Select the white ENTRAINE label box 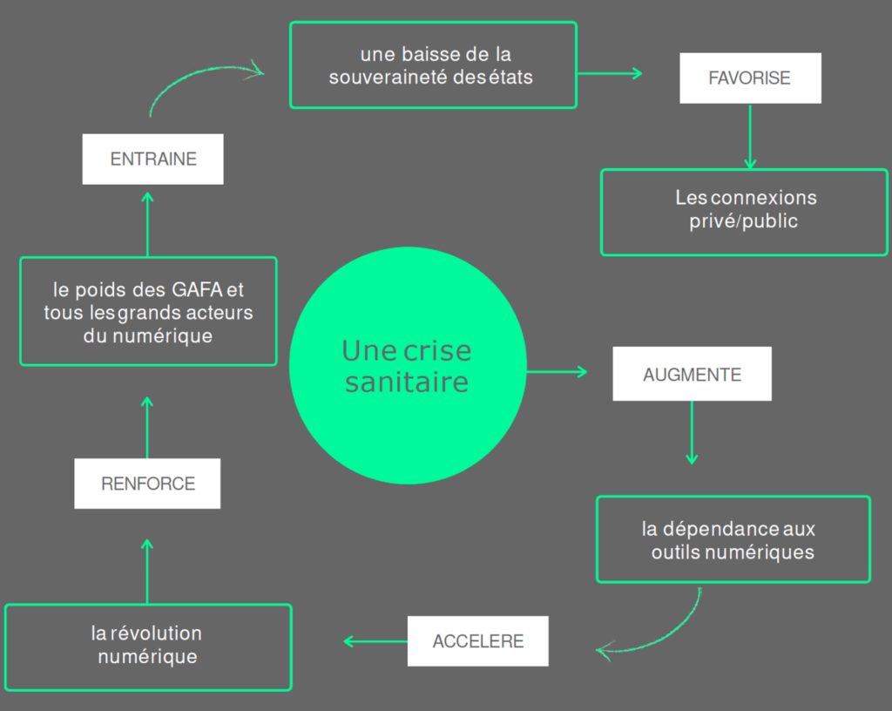point(153,159)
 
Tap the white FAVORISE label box point(750,78)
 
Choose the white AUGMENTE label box point(692,375)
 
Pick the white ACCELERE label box point(478,641)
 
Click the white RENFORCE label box point(147,484)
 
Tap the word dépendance point(709,529)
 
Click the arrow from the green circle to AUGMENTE point(557,372)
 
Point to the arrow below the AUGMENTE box point(692,432)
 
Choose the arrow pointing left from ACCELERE point(375,641)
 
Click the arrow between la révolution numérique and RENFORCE point(147,571)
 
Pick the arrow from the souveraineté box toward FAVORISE point(609,73)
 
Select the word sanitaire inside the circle point(406,383)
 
